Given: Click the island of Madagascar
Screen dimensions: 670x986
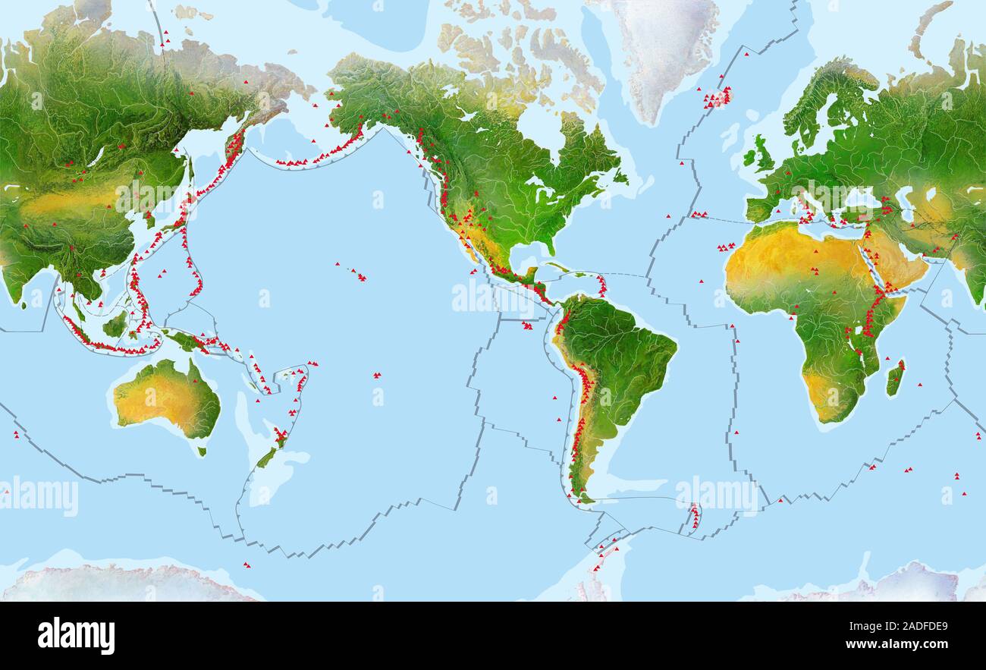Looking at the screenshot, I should (895, 378).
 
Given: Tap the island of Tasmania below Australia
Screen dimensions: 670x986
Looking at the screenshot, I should (202, 451).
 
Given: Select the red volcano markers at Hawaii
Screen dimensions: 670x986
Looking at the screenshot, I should (357, 273).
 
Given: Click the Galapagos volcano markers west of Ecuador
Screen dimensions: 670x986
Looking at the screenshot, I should (526, 326).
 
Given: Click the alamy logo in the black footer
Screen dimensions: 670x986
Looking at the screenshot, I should (76, 636).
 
